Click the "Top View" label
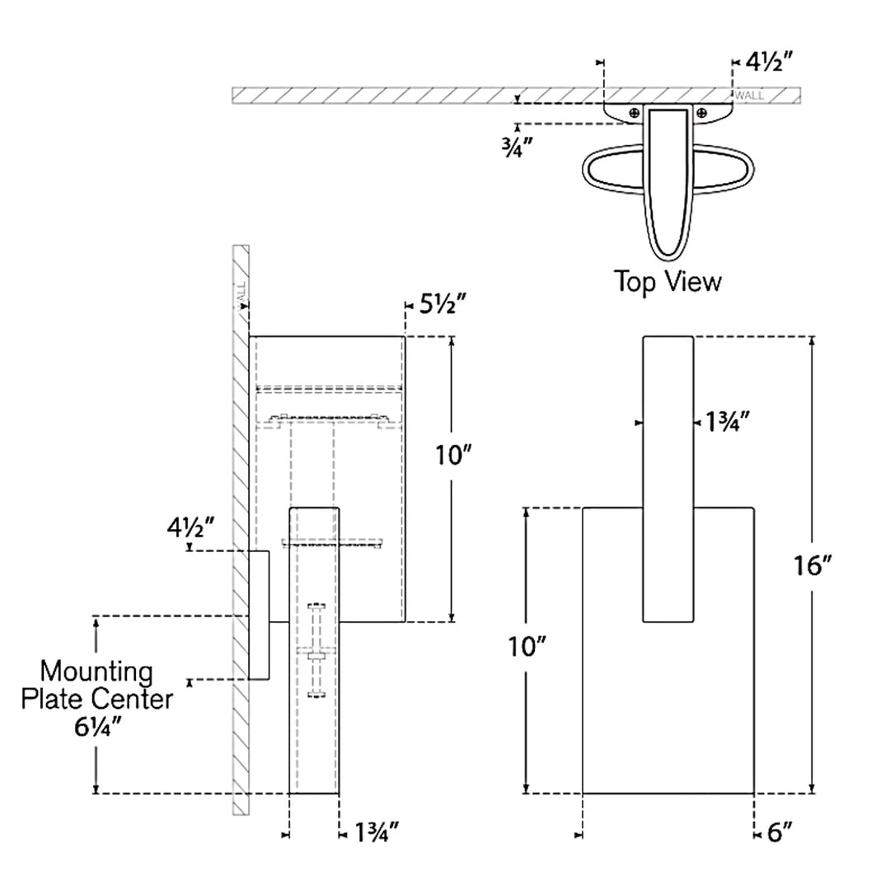point(667,282)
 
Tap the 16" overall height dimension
point(813,565)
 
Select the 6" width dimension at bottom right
point(780,832)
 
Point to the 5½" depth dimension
point(443,305)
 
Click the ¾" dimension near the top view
point(517,147)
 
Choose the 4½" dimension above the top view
point(769,61)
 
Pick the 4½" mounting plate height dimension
point(190,528)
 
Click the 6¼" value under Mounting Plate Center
point(97,727)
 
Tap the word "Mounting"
point(96,672)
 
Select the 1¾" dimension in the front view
point(728,422)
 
